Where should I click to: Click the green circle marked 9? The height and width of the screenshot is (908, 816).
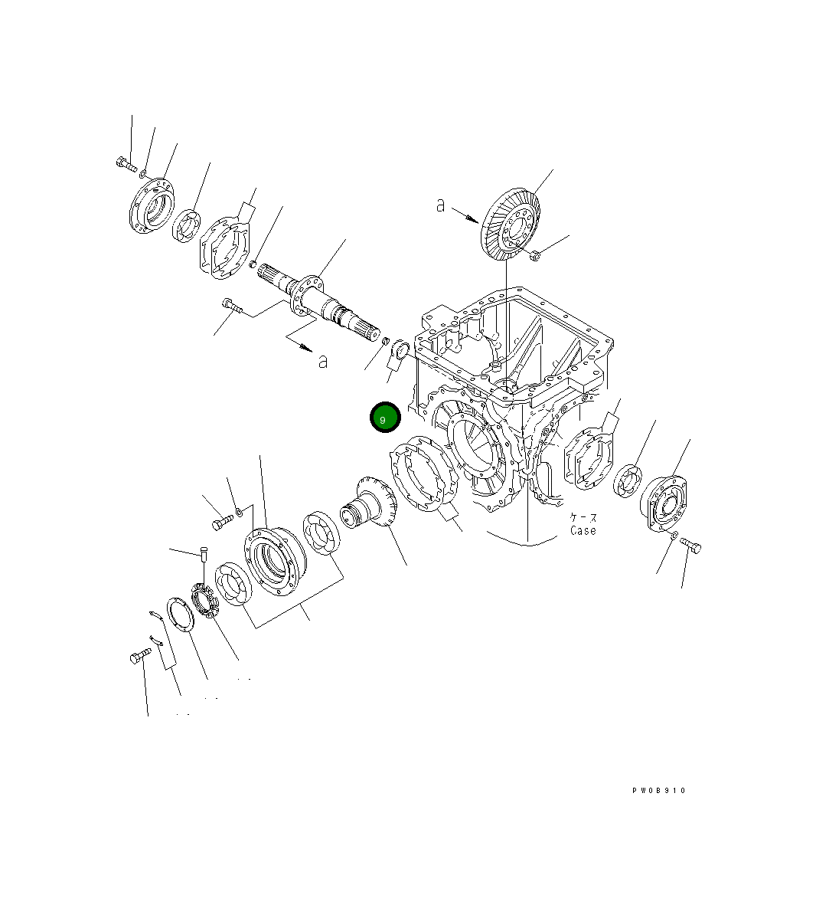[385, 418]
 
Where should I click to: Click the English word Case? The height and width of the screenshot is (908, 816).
[583, 530]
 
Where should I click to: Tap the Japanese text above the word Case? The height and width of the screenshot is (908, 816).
[583, 518]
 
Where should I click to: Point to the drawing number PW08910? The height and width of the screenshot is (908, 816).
[658, 791]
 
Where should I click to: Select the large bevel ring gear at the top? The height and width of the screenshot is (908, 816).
[511, 222]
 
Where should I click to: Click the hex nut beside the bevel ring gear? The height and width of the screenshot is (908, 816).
[536, 256]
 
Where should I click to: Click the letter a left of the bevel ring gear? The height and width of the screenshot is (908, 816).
[440, 205]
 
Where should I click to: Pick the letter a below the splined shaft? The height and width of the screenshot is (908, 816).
[323, 361]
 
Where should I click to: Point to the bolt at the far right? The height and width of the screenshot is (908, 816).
[691, 546]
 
